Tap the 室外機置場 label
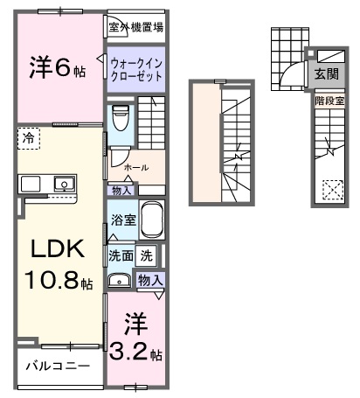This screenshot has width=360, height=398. pos(136,27)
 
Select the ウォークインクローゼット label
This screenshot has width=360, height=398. pos(136,68)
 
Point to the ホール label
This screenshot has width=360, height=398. pos(135,166)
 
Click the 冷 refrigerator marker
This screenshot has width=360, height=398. pos(29,139)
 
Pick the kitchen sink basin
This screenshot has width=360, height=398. pos(63,184)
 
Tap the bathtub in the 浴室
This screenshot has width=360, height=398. pos(152,219)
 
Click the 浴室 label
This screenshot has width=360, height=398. pos(122,220)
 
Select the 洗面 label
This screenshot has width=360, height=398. pos(121,256)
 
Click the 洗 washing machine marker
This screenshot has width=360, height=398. pos(147,256)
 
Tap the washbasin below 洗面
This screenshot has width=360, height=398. pos(120,281)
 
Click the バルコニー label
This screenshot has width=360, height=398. pos(58,366)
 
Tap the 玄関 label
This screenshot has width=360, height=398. pos(327,76)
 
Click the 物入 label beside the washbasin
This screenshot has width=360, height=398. pos(149,280)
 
